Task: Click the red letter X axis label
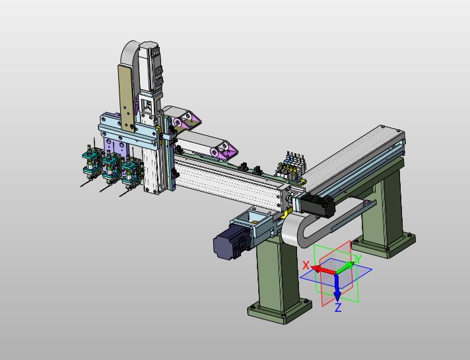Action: (x=306, y=265)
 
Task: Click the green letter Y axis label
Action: (x=359, y=259)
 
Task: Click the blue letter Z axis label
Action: (x=338, y=308)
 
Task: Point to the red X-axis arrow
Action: (x=323, y=269)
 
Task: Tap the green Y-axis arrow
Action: (x=345, y=267)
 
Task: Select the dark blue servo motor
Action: (x=232, y=242)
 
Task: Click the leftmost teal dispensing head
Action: (x=90, y=164)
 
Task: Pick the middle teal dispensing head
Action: (x=110, y=168)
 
